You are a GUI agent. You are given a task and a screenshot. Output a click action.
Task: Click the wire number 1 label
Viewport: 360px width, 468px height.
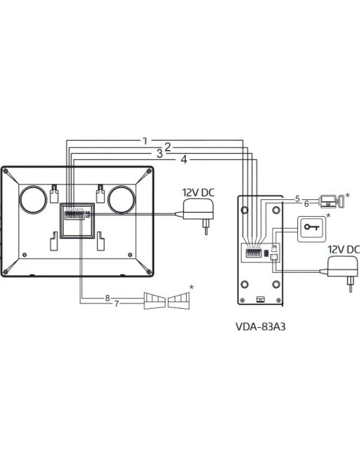coord(144,141)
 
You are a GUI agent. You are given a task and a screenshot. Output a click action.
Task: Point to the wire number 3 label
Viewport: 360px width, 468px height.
coord(159,153)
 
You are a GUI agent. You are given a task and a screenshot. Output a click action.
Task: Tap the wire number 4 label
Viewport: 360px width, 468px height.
coord(183,159)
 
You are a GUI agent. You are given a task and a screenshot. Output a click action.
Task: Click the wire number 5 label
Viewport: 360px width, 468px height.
coord(297,198)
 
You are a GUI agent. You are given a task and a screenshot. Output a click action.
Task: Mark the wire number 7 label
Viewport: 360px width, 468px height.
coord(117,304)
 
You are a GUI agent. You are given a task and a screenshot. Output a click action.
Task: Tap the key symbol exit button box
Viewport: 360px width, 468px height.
coord(313,228)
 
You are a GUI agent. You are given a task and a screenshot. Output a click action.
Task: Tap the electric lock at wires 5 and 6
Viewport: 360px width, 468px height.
coord(329,201)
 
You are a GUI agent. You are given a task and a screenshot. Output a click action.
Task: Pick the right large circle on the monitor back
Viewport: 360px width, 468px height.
coord(122,199)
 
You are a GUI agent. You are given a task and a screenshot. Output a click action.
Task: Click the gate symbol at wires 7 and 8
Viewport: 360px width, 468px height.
coord(166,300)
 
